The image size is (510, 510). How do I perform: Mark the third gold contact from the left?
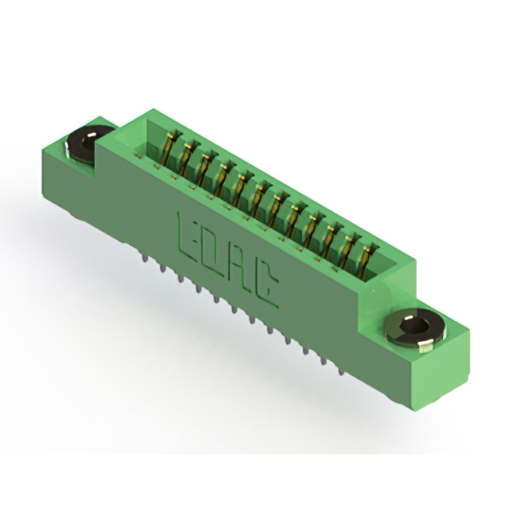pos(205,168)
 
